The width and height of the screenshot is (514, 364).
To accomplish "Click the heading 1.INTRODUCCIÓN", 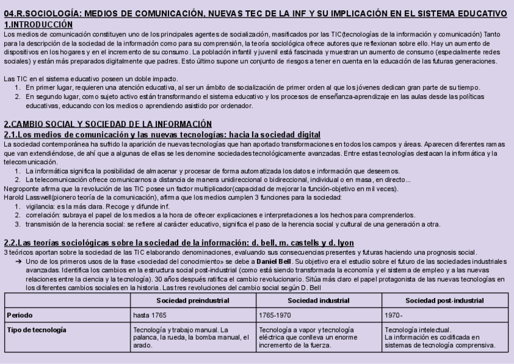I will click(x=38, y=24).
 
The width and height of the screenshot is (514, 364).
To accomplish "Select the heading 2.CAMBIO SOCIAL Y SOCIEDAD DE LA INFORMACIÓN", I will click(x=108, y=124).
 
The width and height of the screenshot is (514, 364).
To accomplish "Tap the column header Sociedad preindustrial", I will click(x=193, y=300).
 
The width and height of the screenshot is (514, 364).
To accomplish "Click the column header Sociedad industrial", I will click(x=319, y=300).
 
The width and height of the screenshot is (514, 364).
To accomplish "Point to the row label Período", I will click(x=20, y=315).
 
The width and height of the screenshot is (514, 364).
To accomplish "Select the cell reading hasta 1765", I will click(x=149, y=315).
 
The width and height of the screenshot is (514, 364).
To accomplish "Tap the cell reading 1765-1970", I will click(x=275, y=315).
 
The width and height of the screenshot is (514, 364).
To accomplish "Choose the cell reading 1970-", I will click(x=393, y=315).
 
